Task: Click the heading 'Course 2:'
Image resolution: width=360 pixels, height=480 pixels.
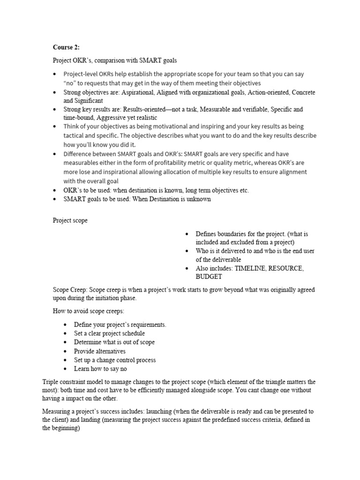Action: pos(66,47)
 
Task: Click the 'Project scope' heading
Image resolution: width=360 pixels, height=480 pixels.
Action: pos(70,221)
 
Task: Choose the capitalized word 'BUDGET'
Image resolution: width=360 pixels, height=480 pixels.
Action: pos(209,277)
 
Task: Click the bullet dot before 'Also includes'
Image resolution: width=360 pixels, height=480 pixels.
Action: pos(187,269)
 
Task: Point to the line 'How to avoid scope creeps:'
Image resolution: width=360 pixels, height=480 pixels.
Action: pos(89,311)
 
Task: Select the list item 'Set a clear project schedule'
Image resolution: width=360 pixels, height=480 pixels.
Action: pos(109,333)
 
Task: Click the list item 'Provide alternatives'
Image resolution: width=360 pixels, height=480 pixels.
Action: pos(99,351)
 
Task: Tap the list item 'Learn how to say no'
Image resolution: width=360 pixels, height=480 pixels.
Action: pos(100,369)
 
